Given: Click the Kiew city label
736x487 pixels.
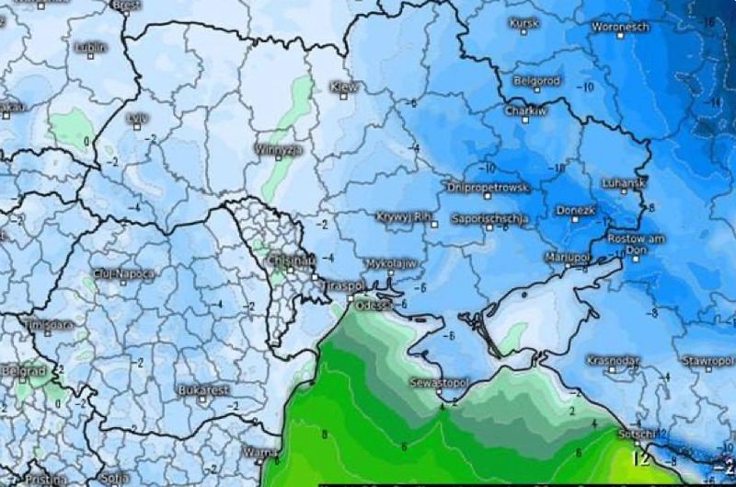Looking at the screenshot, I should point(343,86).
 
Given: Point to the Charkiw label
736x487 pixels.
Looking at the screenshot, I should point(526,110).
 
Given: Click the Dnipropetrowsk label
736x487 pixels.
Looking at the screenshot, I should point(488,186).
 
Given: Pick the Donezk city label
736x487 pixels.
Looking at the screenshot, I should point(577,210).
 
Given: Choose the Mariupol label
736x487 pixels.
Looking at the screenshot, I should point(567,256).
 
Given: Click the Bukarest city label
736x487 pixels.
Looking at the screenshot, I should point(204,389).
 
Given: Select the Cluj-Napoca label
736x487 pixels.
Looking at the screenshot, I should point(124,274).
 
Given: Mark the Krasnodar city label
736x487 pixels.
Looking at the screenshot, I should point(613,360).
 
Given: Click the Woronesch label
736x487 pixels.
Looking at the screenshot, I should point(620,27).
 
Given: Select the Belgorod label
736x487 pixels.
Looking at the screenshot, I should point(537,80).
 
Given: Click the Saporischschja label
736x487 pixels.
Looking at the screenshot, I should point(489,219).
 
